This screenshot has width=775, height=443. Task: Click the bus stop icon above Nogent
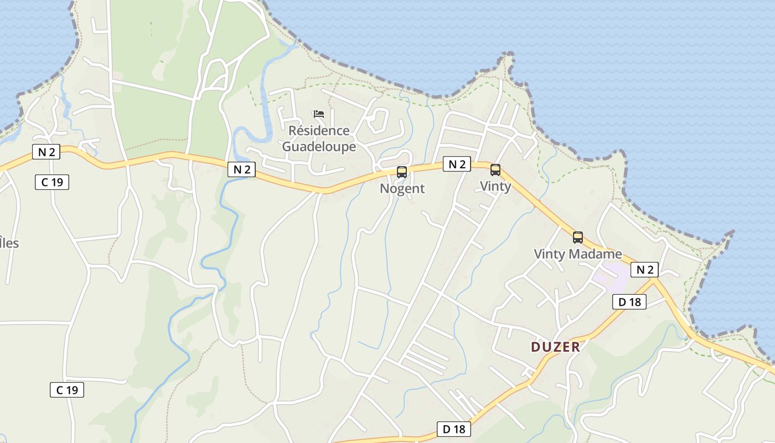(402, 172)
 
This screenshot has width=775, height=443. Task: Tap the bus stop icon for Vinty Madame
(578, 238)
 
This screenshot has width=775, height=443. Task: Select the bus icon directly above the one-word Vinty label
(495, 170)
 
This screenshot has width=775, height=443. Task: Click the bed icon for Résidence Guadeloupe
(318, 114)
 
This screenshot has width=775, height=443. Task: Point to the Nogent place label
(402, 188)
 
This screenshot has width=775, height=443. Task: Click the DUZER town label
(555, 347)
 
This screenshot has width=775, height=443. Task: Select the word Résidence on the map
(319, 131)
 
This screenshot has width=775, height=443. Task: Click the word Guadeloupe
(319, 147)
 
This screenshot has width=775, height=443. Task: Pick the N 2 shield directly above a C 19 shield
(46, 152)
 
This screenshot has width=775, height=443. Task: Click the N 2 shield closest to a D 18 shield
(644, 270)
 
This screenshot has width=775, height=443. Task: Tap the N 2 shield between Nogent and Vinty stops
(457, 164)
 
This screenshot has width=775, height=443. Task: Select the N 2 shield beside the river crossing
(241, 169)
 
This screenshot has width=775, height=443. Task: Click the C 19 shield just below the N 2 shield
(52, 182)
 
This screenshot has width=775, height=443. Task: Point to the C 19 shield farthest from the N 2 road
(67, 390)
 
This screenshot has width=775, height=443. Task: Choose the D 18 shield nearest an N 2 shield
(629, 302)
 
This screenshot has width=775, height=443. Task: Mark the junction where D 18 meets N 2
(655, 280)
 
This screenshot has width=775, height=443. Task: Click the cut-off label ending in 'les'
(9, 243)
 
